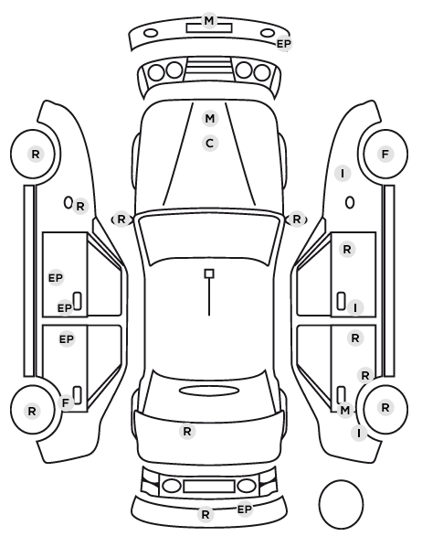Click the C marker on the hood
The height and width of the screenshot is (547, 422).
pos(210,144)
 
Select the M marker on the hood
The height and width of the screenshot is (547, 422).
pos(210,119)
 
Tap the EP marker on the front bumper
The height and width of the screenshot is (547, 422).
pos(284,44)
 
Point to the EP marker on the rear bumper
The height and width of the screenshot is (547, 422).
pos(245,509)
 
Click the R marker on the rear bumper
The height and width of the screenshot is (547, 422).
pos(206,514)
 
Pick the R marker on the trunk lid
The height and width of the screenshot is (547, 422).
pos(187,432)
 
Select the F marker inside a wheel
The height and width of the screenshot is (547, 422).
pos(385,154)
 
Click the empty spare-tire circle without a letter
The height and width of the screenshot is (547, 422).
pos(341,504)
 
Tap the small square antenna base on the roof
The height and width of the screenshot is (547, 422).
pos(209,273)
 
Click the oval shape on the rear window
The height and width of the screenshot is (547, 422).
pos(209,391)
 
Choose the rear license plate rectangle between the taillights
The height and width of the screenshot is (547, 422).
pos(209,486)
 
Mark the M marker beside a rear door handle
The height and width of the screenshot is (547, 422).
pos(344,410)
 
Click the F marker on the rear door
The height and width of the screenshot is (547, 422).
pos(66,402)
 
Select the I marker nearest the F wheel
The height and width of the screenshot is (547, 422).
pos(343,174)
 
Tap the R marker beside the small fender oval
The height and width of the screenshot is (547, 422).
pos(80,207)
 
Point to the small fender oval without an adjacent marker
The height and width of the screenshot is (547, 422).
pos(350,203)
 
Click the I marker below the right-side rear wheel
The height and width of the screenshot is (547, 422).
pos(359,433)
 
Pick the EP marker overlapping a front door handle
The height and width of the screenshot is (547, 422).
pos(65,308)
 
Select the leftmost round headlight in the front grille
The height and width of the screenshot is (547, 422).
pos(156,72)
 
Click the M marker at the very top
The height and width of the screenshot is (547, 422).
pos(209,21)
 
